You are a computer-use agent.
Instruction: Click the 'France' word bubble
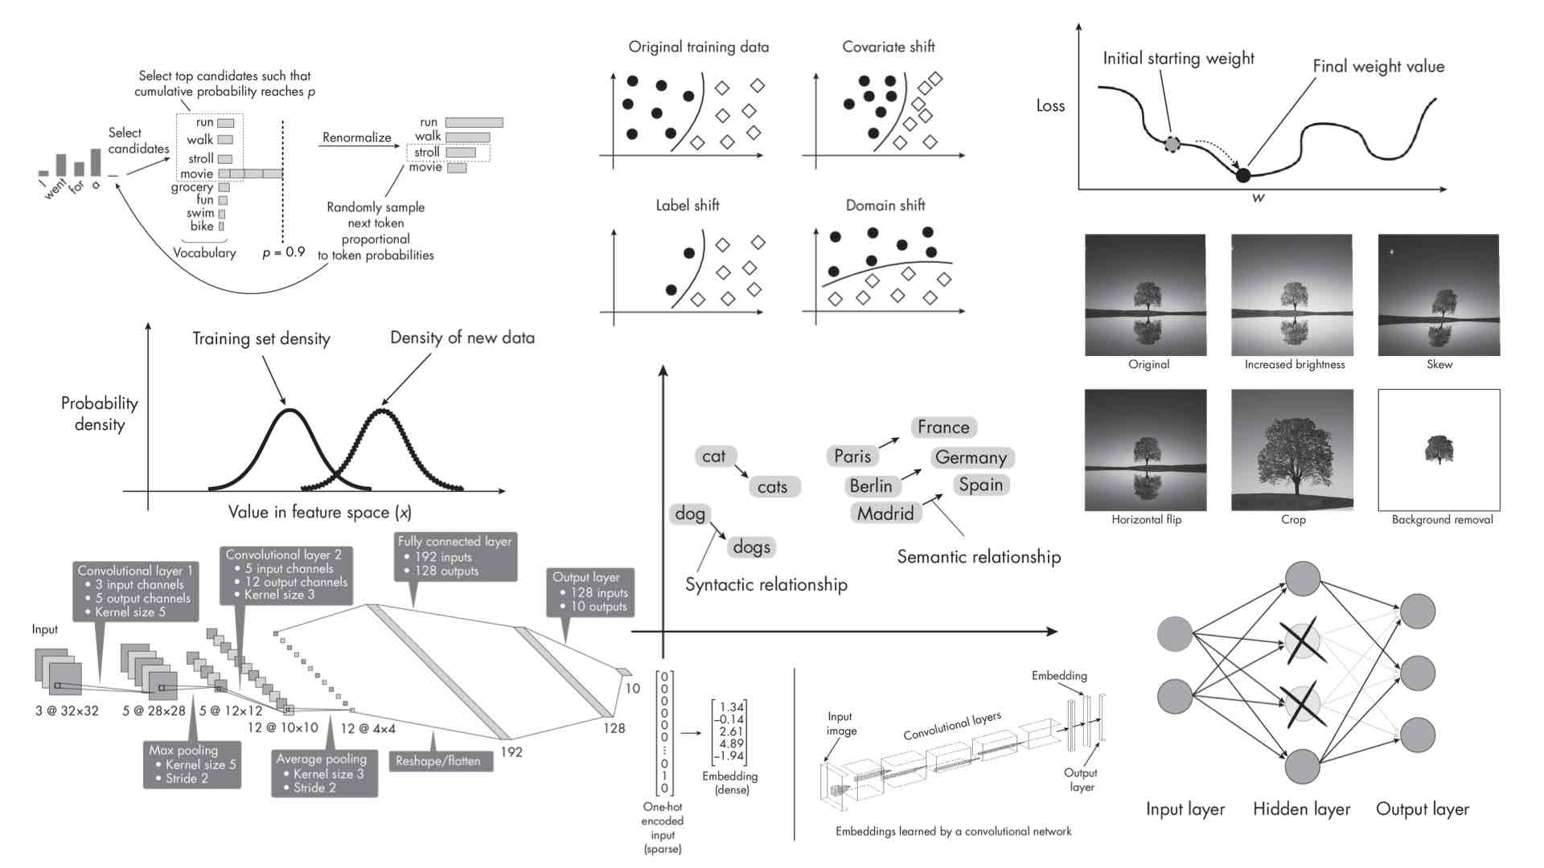[x=943, y=428]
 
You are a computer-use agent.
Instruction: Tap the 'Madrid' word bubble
[x=885, y=514]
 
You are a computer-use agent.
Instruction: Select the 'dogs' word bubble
[x=751, y=547]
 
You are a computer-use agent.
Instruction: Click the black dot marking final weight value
[x=1243, y=175]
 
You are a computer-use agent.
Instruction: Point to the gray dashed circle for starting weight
[x=1172, y=145]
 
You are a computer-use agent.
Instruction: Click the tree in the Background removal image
[x=1439, y=449]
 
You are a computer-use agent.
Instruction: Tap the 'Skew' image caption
[x=1439, y=365]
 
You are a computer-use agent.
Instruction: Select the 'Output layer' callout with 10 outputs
[x=590, y=592]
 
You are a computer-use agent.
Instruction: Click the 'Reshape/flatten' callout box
[x=438, y=761]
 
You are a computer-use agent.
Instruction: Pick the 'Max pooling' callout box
[x=191, y=764]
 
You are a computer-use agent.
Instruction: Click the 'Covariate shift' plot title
[x=888, y=47]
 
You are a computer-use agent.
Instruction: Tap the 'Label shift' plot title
[x=687, y=206]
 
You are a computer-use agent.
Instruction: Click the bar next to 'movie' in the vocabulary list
[x=250, y=174]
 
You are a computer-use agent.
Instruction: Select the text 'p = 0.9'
[x=283, y=252]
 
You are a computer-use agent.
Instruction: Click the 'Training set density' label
[x=261, y=339]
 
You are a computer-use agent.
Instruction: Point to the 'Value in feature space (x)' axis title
[x=319, y=513]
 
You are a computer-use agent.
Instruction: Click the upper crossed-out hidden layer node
[x=1302, y=641]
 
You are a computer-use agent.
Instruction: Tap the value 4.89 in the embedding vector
[x=731, y=744]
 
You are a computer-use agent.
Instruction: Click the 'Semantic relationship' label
[x=978, y=557]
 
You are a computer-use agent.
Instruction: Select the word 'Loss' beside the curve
[x=1050, y=106]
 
